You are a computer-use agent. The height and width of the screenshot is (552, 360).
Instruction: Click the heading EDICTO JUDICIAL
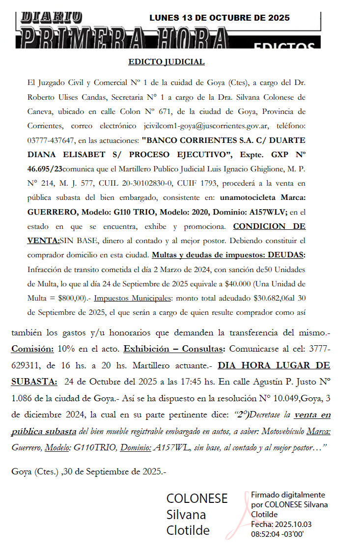tap(166, 62)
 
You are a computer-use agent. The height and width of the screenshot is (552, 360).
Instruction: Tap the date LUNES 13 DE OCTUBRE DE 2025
tap(219, 18)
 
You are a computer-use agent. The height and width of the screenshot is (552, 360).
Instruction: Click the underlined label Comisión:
tap(32, 349)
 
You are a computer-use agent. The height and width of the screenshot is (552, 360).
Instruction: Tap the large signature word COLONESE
tap(197, 498)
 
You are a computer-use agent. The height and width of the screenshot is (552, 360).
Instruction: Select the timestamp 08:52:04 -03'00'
tap(277, 533)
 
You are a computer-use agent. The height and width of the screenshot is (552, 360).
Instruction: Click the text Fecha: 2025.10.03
tap(281, 524)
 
